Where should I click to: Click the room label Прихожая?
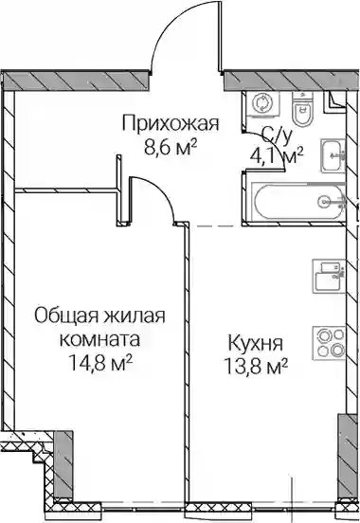[171, 123]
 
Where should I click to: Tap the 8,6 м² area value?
[171, 147]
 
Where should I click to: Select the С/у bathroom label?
[277, 135]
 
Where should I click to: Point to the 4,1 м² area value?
[277, 155]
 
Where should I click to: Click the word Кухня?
[256, 343]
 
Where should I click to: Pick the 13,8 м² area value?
[256, 367]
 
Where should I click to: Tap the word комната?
[99, 340]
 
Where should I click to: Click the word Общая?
[66, 316]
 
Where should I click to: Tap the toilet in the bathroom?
[302, 107]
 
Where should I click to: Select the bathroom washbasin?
[333, 155]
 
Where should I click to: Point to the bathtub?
[297, 202]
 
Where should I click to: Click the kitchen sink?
[329, 276]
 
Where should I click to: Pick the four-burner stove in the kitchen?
[329, 343]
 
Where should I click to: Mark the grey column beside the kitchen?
[348, 456]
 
